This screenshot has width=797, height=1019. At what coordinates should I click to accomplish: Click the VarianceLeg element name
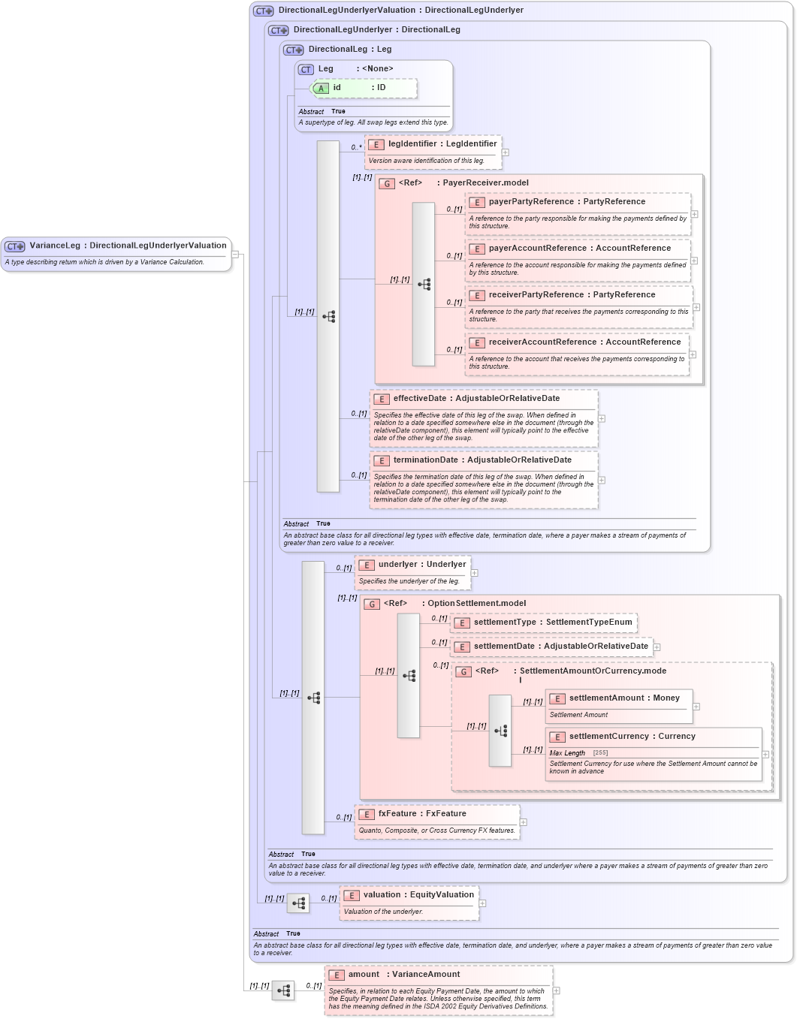(x=54, y=246)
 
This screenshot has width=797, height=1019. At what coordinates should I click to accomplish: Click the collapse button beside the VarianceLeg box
(x=235, y=255)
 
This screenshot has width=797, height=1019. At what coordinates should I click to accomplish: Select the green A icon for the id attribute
(x=321, y=89)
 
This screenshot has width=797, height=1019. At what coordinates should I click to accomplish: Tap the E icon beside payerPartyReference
(x=477, y=203)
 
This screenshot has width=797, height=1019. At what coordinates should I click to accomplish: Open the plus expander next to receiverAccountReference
(x=693, y=354)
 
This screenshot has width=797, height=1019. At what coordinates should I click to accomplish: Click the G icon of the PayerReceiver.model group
(x=387, y=183)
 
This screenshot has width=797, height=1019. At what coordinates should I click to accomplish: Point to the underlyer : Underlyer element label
(x=421, y=565)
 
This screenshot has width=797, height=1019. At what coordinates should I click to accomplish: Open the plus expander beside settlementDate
(x=657, y=647)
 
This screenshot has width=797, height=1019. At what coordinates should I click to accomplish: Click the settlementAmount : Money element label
(x=623, y=698)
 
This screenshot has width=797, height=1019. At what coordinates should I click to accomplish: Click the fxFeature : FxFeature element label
(x=421, y=814)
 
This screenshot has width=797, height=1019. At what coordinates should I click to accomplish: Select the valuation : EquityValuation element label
(x=418, y=895)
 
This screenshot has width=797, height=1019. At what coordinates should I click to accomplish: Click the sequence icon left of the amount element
(x=283, y=991)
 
